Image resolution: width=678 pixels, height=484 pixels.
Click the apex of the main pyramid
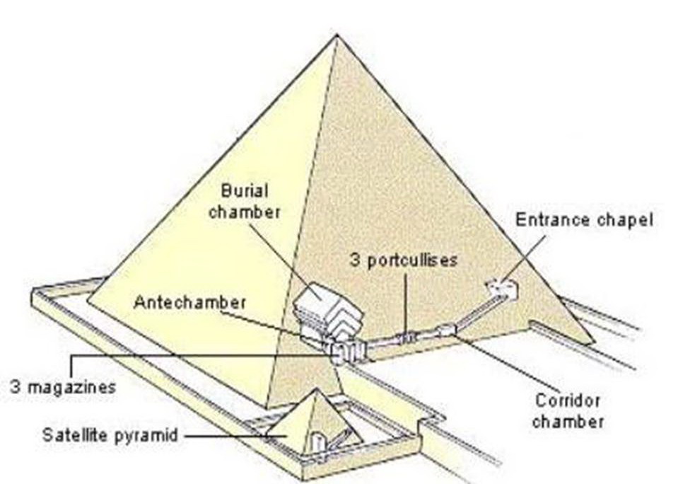click(335, 35)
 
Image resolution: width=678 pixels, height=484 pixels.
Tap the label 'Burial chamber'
click(245, 201)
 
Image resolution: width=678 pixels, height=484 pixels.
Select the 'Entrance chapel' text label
click(583, 219)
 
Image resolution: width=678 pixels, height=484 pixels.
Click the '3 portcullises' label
click(403, 260)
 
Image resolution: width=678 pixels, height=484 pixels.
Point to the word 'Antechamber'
click(189, 302)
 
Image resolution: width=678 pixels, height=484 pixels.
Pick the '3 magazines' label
click(62, 387)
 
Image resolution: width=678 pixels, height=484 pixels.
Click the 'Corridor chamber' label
click(567, 410)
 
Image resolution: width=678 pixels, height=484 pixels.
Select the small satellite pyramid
click(313, 422)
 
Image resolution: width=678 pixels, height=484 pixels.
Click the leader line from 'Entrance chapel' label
click(526, 259)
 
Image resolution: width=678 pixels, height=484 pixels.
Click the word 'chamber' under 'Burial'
click(245, 211)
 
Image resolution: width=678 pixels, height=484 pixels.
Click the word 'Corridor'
click(567, 401)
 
